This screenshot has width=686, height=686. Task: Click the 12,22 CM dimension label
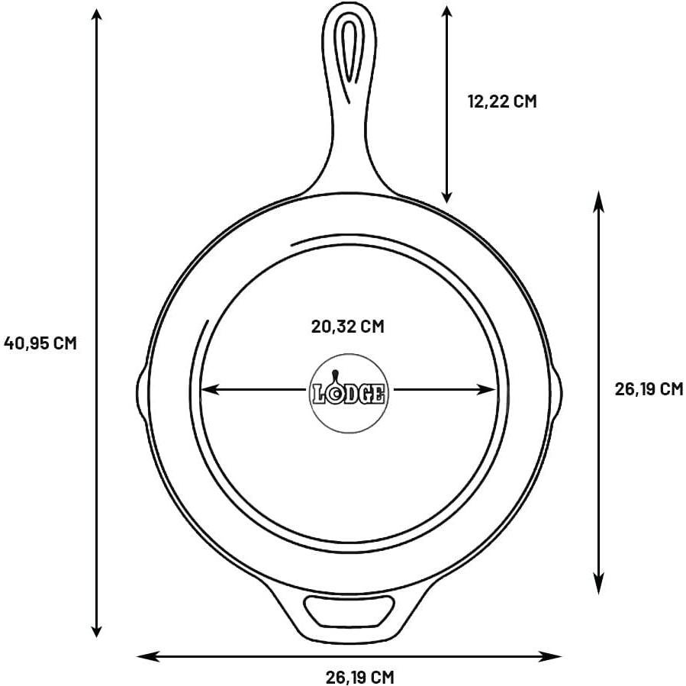tap(502, 101)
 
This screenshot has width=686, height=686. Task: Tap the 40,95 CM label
tap(40, 343)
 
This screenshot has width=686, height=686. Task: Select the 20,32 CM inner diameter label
tap(347, 327)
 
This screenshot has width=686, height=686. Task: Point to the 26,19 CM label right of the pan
tap(648, 389)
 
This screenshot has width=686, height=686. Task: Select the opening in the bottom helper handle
tap(347, 611)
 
